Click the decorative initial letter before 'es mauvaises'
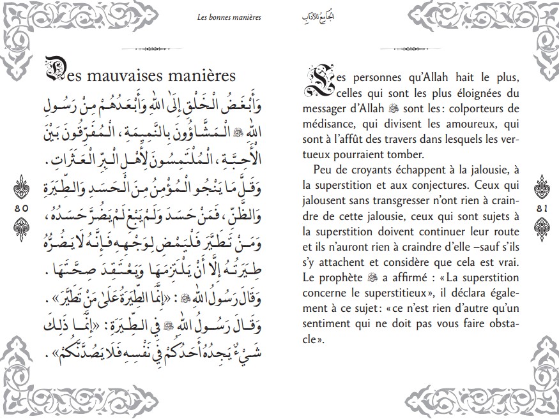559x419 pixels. click(57, 73)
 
